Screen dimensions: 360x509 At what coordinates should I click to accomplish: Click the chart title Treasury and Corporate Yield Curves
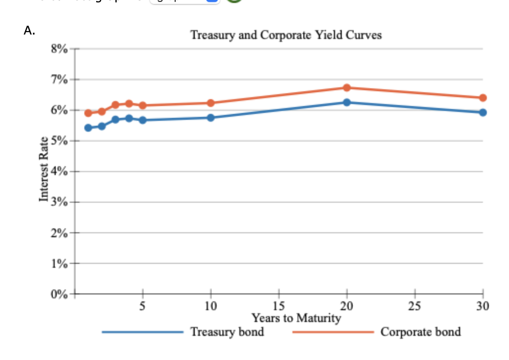(286, 36)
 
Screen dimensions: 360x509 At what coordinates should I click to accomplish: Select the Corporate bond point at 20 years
(347, 88)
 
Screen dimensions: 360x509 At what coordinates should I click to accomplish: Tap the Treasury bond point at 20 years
(347, 103)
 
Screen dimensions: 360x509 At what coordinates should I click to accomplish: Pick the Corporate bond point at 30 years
(482, 98)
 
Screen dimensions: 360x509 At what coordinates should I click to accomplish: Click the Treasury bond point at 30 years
(482, 112)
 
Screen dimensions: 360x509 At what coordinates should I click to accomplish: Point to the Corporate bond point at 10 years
(211, 103)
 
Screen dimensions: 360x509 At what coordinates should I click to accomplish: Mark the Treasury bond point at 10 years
(211, 118)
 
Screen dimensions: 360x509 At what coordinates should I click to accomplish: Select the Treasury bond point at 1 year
(88, 128)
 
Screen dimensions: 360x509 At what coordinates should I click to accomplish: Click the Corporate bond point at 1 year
(88, 113)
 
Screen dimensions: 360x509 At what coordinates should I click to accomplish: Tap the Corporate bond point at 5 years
(143, 106)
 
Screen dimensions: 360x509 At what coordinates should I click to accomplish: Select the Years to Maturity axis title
(296, 318)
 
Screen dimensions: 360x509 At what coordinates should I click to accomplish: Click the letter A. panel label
(29, 31)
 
